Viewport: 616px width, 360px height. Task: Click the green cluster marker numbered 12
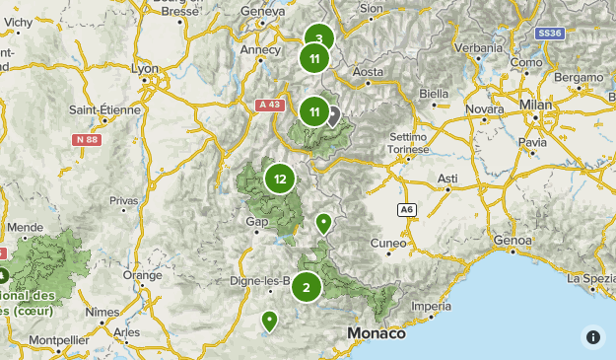point(280,179)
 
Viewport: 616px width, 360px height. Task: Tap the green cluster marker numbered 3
point(318,40)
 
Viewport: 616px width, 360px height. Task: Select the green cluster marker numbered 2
point(307,287)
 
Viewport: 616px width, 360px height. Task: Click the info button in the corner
point(592,336)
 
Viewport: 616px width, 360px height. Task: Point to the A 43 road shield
point(268,104)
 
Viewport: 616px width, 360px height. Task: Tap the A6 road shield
point(406,210)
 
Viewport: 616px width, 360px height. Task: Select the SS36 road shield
point(550,34)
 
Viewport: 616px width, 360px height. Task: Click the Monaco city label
point(376,333)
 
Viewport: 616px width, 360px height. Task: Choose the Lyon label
point(145,69)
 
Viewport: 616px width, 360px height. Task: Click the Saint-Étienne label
point(105,109)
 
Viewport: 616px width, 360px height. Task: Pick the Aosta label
point(368,72)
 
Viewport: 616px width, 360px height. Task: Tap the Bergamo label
point(579,76)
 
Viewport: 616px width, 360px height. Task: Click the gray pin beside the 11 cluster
point(333,115)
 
